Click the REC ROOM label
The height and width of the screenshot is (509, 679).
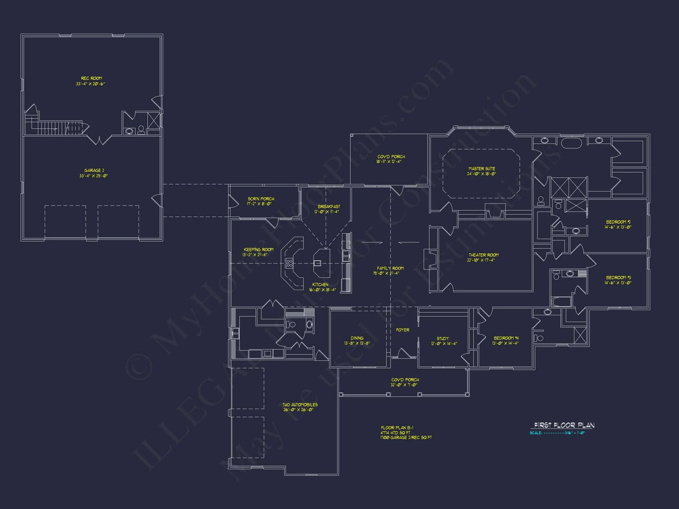pos(91,78)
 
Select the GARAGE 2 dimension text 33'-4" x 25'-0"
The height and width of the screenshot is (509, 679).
pos(94,176)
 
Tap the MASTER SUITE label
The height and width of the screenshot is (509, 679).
pos(482,168)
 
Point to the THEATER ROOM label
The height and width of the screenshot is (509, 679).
pos(484,255)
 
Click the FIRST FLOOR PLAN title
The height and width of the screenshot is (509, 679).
pos(564,425)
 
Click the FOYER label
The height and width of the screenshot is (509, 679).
pos(403,330)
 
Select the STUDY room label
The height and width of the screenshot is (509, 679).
pos(443,338)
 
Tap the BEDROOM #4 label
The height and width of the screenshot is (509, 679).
pos(506,338)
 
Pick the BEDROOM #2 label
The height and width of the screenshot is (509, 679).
pos(618,222)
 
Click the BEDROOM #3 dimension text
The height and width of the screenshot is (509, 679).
pos(618,282)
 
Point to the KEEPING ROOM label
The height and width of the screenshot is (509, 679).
pos(258,249)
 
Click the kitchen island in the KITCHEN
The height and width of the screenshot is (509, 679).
pos(322,263)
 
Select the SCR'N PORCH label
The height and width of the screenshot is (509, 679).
pos(261,199)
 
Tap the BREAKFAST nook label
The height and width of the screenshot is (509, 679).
pos(329,206)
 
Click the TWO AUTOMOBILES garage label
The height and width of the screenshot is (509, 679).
pos(300,405)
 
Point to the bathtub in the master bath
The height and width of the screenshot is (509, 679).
pos(571,143)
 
